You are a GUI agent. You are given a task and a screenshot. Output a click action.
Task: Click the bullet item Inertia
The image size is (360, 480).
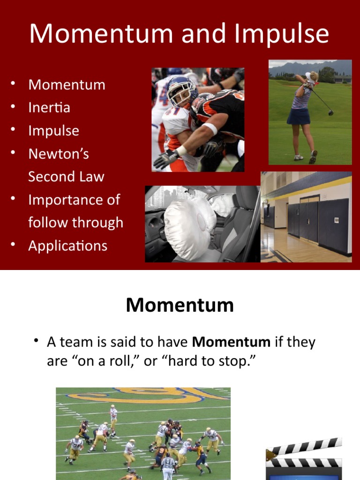49,108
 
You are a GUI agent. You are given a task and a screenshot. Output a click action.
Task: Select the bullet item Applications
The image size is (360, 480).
67,246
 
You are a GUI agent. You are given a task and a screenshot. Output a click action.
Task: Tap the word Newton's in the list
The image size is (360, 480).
59,154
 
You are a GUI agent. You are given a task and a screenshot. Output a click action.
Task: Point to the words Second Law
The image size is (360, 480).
66,177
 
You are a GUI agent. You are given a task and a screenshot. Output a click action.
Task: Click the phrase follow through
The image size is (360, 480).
75,223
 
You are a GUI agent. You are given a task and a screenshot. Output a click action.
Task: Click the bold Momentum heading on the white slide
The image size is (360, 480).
180,305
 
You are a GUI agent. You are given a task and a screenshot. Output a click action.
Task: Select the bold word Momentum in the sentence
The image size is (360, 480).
231,342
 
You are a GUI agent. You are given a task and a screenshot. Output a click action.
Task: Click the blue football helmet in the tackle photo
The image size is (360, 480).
182,89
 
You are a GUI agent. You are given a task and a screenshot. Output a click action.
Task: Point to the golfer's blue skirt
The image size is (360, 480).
299,115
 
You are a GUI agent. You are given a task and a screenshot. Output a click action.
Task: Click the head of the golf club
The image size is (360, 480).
331,113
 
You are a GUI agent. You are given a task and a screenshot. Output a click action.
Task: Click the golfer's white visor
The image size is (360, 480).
310,76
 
